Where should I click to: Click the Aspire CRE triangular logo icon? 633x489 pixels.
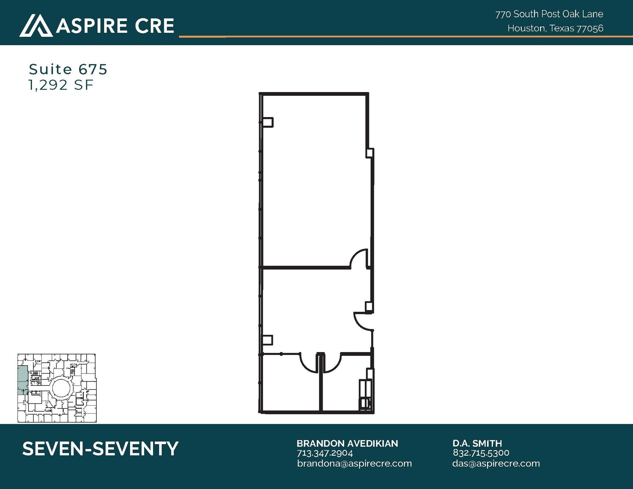[x=36, y=25]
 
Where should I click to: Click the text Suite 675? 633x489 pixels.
[x=68, y=69]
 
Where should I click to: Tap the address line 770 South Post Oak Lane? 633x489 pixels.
[x=549, y=14]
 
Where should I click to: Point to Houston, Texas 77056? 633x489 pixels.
[x=555, y=28]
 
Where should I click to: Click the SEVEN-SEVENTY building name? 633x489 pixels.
[x=100, y=449]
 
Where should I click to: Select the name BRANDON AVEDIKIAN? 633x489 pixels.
[x=347, y=443]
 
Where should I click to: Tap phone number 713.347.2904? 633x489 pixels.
[x=325, y=453]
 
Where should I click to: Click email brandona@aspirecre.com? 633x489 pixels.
[x=354, y=463]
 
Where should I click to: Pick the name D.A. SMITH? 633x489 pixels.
[x=477, y=443]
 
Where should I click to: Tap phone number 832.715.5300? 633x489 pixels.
[x=481, y=453]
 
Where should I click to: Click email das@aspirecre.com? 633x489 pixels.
[x=496, y=463]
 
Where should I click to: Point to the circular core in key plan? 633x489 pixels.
[x=62, y=388]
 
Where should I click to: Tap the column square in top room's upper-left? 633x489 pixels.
[x=268, y=122]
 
